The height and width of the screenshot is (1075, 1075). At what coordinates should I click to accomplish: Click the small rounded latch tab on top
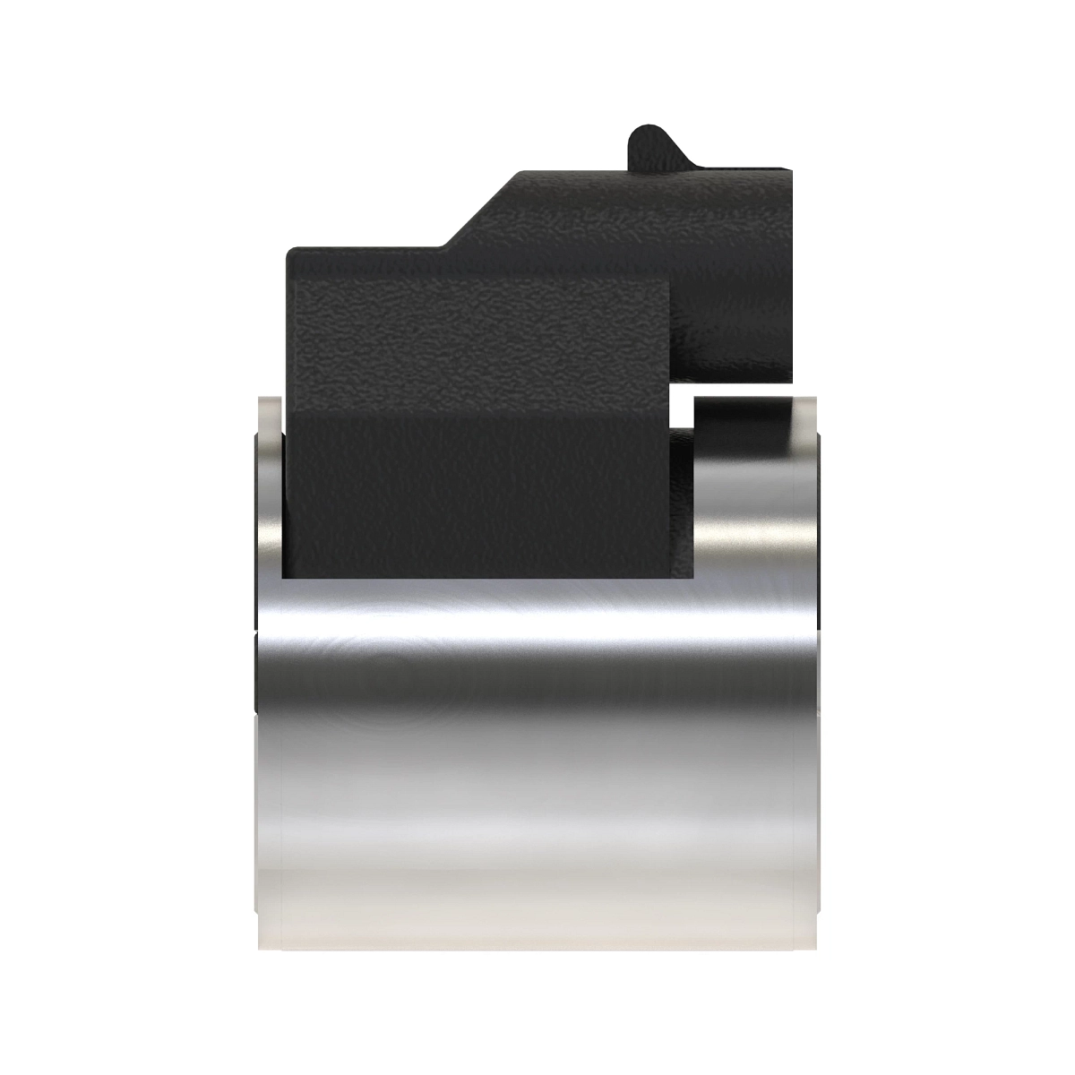click(x=647, y=143)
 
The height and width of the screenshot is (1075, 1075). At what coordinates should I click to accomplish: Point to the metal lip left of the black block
click(x=269, y=484)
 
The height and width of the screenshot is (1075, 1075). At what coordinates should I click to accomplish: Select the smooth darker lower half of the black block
click(x=479, y=493)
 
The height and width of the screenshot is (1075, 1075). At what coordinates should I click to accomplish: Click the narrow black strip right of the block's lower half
click(x=681, y=502)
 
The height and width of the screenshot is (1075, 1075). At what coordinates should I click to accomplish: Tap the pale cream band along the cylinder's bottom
click(x=537, y=882)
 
